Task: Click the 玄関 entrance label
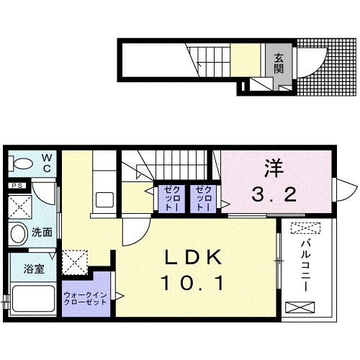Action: [279, 64]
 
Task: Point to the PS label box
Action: [17, 184]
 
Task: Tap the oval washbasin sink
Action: [19, 233]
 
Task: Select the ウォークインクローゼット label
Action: [86, 297]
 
